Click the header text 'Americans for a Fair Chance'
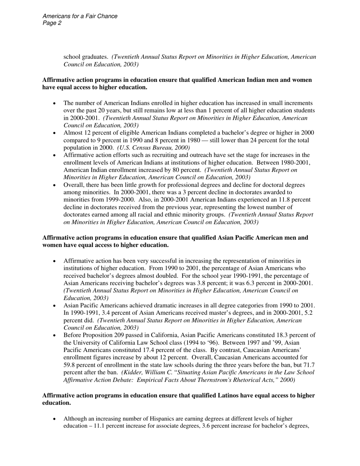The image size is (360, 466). tap(80, 16)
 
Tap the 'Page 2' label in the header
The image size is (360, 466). tap(52, 23)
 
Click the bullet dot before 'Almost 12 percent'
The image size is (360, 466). tap(55, 133)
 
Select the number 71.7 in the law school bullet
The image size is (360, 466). tap(308, 365)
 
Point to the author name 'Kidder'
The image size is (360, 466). tap(132, 372)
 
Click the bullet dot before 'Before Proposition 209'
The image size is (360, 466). tap(55, 336)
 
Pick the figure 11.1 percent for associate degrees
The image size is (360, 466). tap(110, 426)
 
